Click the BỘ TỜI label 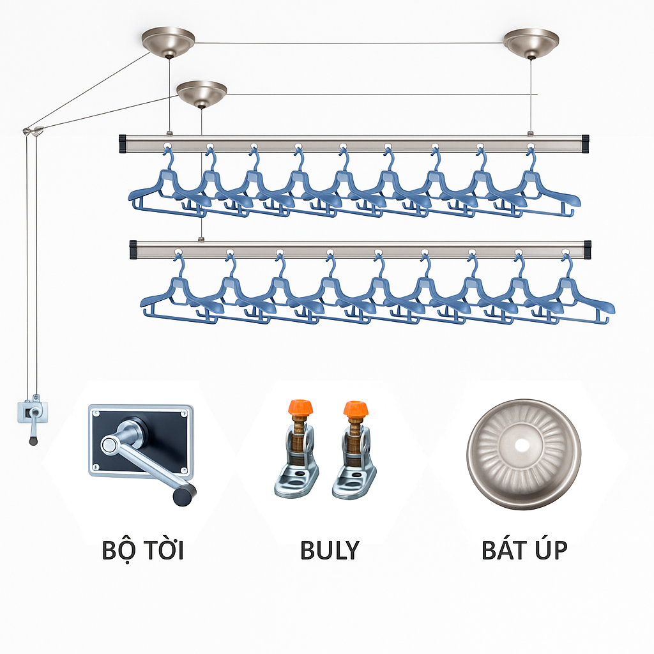(x=142, y=551)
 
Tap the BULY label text (x=330, y=550)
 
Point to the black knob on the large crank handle (x=185, y=495)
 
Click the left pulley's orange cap (x=300, y=407)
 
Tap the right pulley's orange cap (x=356, y=409)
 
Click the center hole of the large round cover (x=522, y=445)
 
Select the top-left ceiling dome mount (x=168, y=42)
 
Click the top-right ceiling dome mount (x=531, y=43)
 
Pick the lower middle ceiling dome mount (x=201, y=94)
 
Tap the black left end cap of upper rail (x=123, y=144)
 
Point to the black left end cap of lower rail (x=133, y=250)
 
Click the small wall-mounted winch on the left (x=33, y=417)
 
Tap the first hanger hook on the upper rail (x=169, y=156)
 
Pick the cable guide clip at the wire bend (x=33, y=131)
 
